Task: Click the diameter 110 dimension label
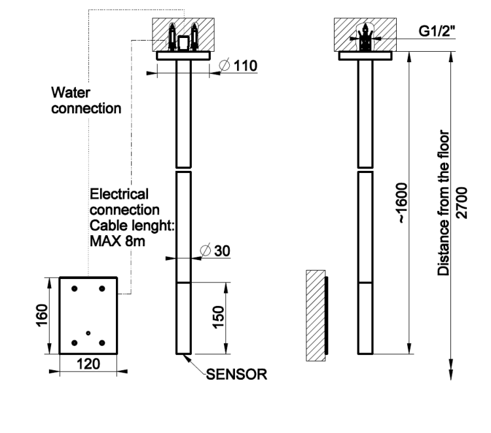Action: click(237, 66)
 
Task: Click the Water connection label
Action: click(85, 102)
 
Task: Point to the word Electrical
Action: click(119, 195)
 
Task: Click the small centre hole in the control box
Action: click(88, 333)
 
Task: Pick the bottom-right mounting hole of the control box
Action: click(101, 342)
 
